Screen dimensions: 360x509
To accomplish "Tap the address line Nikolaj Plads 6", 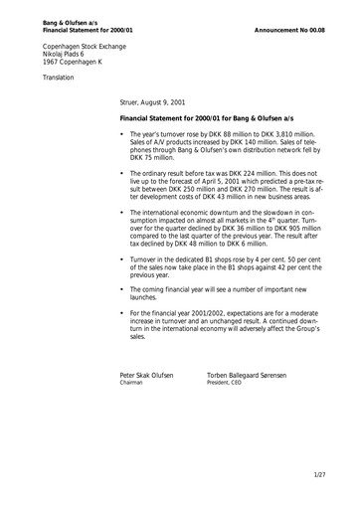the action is click(x=69, y=56).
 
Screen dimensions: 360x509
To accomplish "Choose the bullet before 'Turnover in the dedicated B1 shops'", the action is click(x=121, y=260).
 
